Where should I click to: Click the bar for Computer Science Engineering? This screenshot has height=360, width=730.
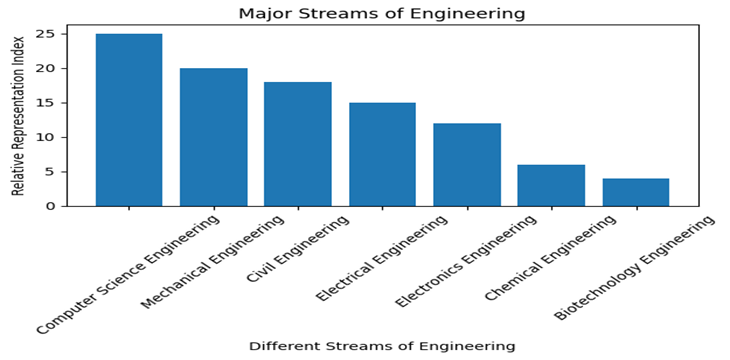(128, 120)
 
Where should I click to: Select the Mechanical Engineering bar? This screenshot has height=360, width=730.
(213, 137)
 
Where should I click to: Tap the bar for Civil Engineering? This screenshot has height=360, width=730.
(297, 144)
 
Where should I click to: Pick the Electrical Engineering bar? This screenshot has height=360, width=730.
(382, 154)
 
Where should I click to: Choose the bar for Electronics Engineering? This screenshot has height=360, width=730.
(466, 165)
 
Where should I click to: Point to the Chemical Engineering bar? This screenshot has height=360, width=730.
(551, 185)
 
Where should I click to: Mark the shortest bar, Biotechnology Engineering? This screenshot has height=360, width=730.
(635, 192)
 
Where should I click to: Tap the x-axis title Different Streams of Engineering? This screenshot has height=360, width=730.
(382, 346)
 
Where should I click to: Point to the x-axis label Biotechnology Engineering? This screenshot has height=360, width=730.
(636, 267)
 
